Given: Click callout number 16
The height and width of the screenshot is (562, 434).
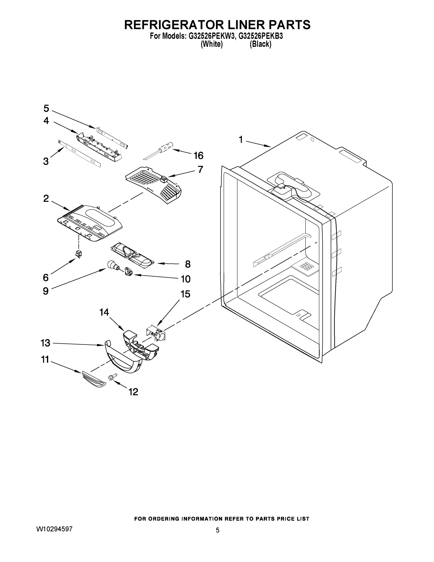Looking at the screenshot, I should tap(198, 155).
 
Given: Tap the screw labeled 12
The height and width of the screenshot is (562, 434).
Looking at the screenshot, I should tap(112, 377).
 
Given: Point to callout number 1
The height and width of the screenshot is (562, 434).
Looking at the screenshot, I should tap(241, 140).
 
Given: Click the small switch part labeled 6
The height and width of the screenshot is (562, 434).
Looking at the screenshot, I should tap(78, 254).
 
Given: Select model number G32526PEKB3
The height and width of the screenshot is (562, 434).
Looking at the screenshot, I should tap(261, 36).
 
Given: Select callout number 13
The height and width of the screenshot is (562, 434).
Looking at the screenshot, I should tap(46, 343).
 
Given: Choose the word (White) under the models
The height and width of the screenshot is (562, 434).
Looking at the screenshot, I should tap(212, 44).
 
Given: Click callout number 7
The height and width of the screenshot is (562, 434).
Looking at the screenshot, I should tap(200, 169).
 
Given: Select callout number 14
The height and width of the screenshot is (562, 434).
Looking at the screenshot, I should tap(104, 312).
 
